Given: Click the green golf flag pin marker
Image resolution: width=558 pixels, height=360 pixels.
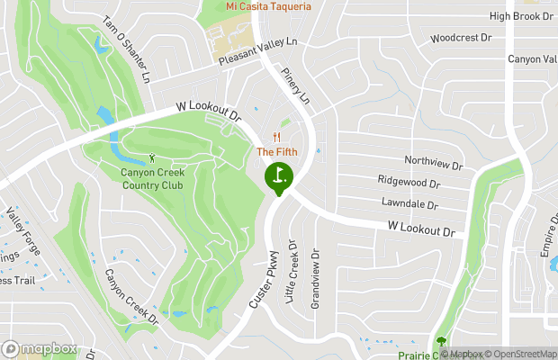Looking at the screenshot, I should (x=278, y=175).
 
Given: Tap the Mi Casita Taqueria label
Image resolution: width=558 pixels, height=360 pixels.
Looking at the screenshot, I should (x=268, y=6).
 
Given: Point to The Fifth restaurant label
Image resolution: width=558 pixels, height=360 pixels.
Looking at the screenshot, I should (x=276, y=151).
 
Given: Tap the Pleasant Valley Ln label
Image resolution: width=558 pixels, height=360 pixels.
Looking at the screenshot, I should (x=257, y=52).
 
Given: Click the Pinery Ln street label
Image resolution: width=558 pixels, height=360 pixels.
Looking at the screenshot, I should (x=295, y=85).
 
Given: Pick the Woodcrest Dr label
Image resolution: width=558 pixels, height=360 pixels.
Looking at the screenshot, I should (x=461, y=38).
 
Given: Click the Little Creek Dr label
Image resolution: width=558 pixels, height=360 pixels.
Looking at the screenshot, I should (x=292, y=271).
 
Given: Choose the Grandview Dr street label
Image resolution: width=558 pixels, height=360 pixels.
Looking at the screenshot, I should (x=315, y=279).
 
